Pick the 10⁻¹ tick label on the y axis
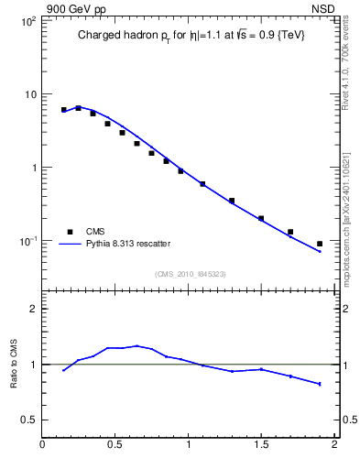click(26, 241)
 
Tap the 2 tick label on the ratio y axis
click(32, 309)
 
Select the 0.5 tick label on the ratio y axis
click(27, 420)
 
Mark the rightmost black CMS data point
click(320, 244)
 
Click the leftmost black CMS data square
click(64, 110)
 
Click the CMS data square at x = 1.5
click(261, 218)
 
